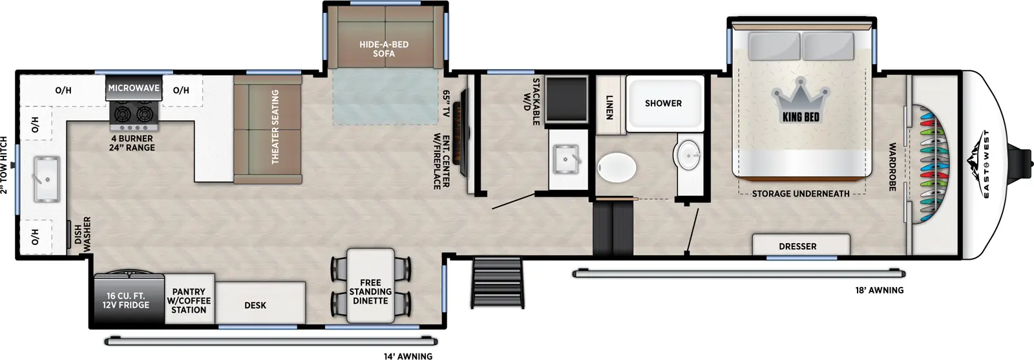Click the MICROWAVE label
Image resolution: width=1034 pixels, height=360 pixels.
tap(134, 88)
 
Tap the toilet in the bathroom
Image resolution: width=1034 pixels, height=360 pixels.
tap(617, 168)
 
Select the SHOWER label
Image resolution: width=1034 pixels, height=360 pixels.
tap(663, 103)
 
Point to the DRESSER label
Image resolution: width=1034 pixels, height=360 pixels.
tap(797, 246)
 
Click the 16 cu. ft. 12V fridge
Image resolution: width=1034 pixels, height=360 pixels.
tap(126, 301)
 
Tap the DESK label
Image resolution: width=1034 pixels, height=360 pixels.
tap(255, 305)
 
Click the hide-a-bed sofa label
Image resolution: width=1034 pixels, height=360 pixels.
tap(384, 48)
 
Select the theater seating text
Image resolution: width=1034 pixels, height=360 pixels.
tap(275, 127)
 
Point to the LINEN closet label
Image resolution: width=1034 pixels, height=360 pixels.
tap(609, 107)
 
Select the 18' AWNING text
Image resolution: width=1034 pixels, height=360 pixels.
tap(880, 290)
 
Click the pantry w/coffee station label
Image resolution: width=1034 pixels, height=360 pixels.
tap(189, 301)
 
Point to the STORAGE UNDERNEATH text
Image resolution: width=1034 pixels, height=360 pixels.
tap(800, 193)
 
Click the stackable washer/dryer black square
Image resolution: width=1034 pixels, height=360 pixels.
tap(566, 100)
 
